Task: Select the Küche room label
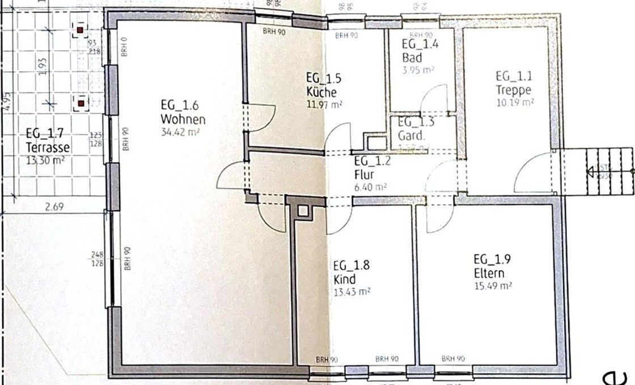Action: (x=321, y=92)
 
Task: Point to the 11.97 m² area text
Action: (x=324, y=104)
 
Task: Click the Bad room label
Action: (x=413, y=58)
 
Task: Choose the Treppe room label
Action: (x=514, y=90)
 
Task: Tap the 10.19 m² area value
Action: (x=515, y=102)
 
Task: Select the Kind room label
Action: (x=344, y=280)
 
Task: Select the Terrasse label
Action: (x=48, y=148)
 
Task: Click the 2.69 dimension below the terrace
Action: (x=54, y=207)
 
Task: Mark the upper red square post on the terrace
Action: (x=81, y=29)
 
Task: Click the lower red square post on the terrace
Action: (x=81, y=103)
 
